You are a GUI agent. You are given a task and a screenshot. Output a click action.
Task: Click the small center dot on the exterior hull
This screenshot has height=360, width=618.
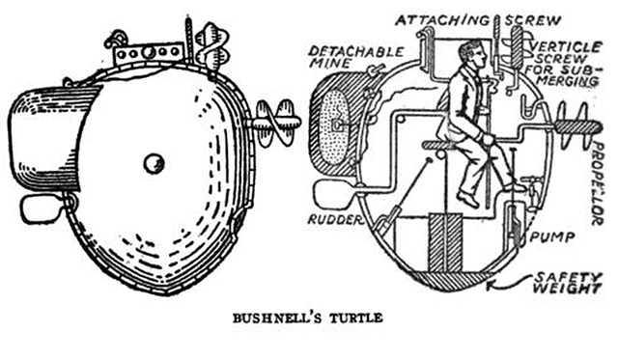click(x=154, y=163)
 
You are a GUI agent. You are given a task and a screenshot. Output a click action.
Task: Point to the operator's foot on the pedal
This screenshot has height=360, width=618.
click(x=470, y=198)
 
